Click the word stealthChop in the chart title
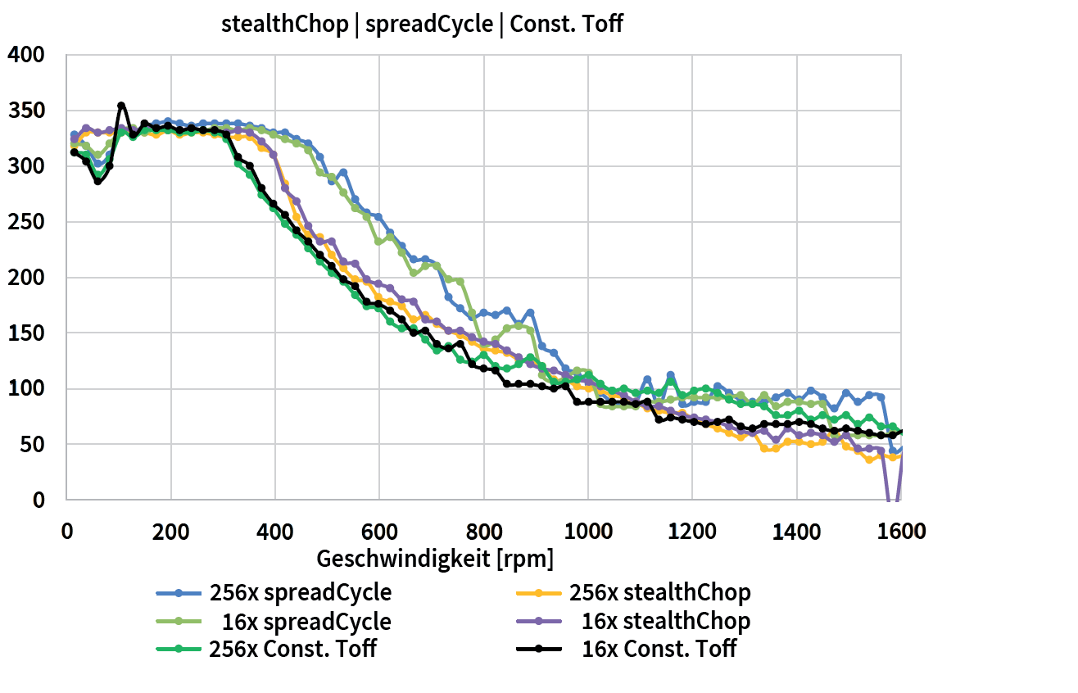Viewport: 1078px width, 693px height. click(x=284, y=24)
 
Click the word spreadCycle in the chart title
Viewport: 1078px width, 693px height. click(x=428, y=24)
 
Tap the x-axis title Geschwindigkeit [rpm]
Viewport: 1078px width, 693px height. click(x=434, y=559)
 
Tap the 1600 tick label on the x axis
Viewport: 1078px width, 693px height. click(x=899, y=532)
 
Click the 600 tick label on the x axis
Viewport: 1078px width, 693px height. click(x=379, y=532)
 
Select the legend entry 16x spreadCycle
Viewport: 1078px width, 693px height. click(x=306, y=622)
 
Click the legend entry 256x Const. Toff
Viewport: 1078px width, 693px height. click(x=292, y=650)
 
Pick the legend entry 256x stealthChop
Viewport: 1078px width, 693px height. click(x=659, y=592)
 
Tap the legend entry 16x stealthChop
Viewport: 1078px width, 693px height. click(x=665, y=622)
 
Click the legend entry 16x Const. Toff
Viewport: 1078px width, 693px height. click(x=659, y=650)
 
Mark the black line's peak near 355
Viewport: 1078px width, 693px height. click(x=121, y=106)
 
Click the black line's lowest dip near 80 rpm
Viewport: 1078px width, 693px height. click(x=97, y=181)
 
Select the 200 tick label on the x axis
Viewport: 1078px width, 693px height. click(x=170, y=532)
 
